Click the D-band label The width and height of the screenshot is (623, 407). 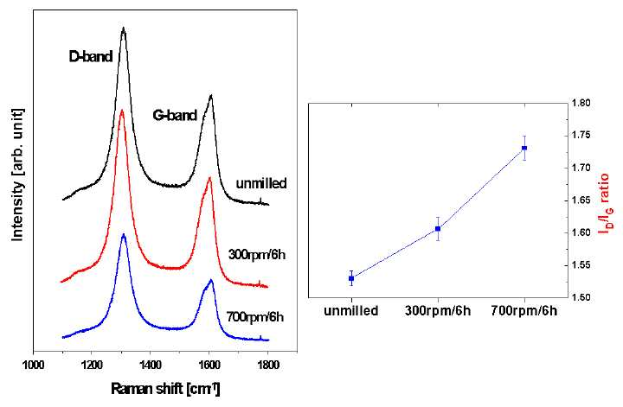click(91, 57)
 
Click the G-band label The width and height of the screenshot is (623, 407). click(175, 115)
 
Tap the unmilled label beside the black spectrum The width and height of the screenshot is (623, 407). click(261, 183)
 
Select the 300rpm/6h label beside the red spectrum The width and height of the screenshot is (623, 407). click(257, 254)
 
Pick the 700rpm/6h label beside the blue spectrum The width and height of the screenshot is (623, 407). click(255, 317)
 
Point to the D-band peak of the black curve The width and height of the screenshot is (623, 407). click(124, 28)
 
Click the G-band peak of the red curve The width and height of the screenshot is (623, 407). click(209, 178)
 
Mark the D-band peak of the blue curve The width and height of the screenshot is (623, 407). click(123, 234)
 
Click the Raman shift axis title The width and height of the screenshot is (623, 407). click(165, 389)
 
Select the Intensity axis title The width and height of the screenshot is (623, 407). click(18, 175)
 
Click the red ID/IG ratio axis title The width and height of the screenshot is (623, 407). click(606, 203)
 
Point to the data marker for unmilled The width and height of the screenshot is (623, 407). click(351, 278)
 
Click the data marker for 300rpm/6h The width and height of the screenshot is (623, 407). click(438, 229)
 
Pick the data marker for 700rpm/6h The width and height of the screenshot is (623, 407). click(524, 148)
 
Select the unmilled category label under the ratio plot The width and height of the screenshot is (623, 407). click(351, 310)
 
